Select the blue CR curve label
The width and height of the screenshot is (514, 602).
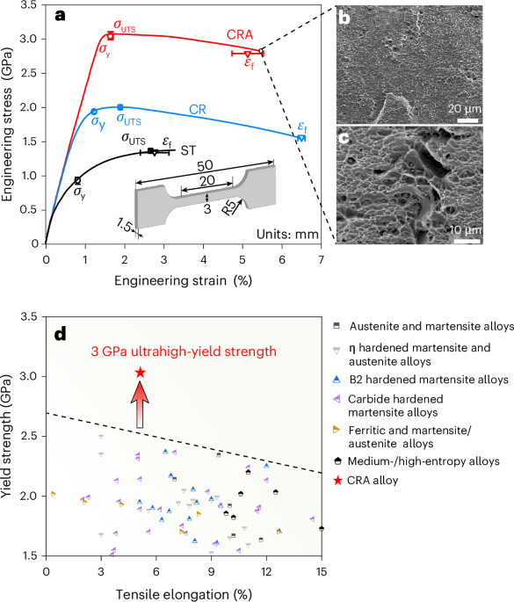pyautogui.click(x=199, y=110)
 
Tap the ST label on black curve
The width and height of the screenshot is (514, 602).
pyautogui.click(x=188, y=151)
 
